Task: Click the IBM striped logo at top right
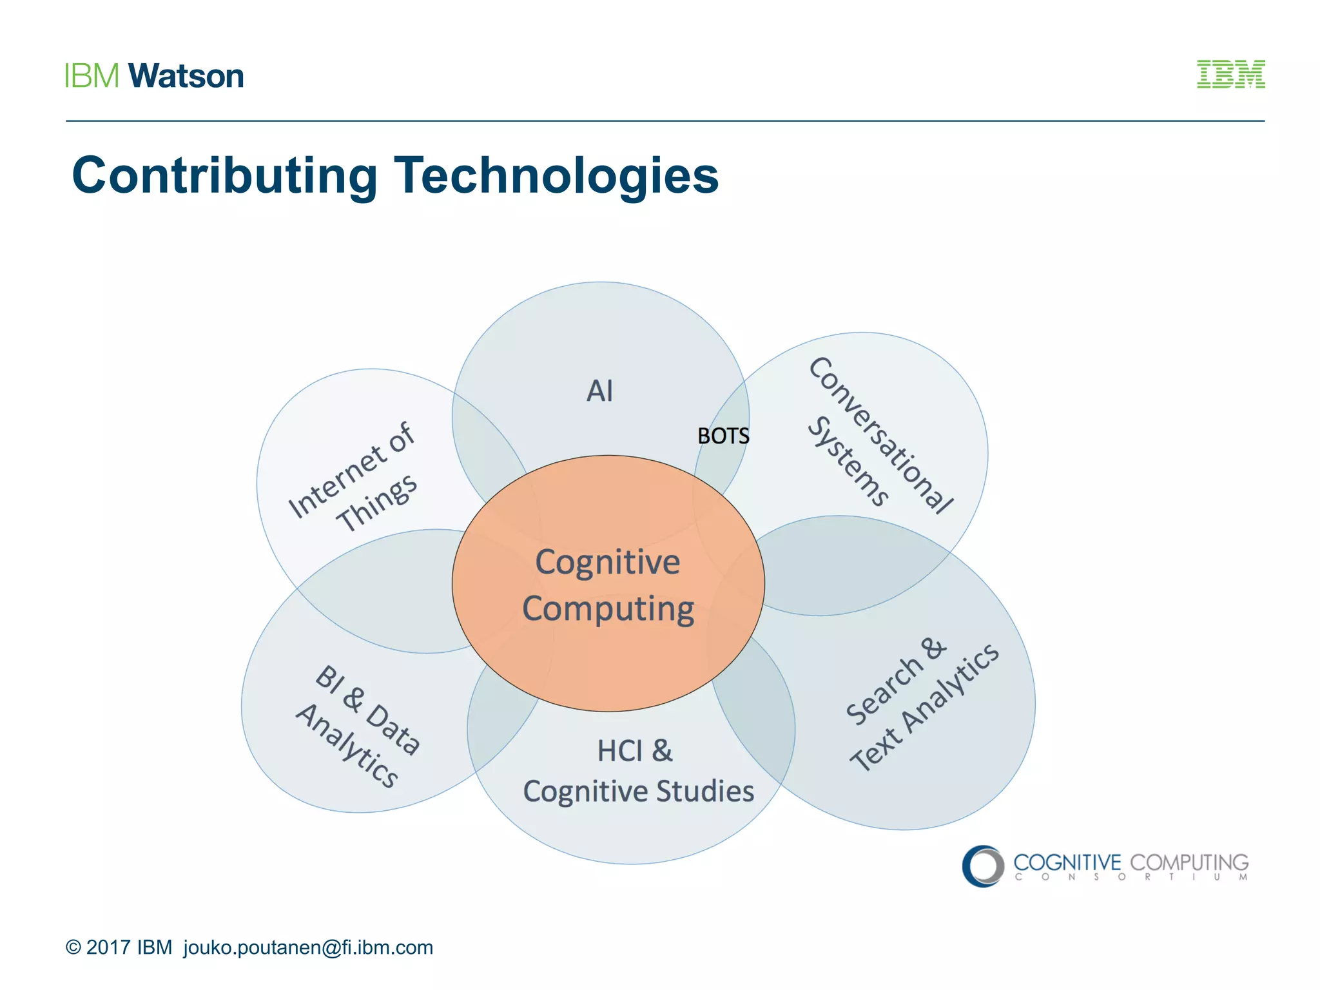pyautogui.click(x=1230, y=74)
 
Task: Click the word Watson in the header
pyautogui.click(x=186, y=76)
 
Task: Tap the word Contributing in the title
pyautogui.click(x=224, y=175)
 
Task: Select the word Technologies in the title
pyautogui.click(x=556, y=175)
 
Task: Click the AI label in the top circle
pyautogui.click(x=599, y=391)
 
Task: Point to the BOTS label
pyautogui.click(x=723, y=436)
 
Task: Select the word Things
pyautogui.click(x=376, y=503)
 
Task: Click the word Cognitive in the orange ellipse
pyautogui.click(x=608, y=562)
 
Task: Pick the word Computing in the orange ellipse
pyautogui.click(x=608, y=609)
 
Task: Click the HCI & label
pyautogui.click(x=635, y=752)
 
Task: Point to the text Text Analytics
pyautogui.click(x=924, y=708)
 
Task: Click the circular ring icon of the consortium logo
pyautogui.click(x=983, y=866)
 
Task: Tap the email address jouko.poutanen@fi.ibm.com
pyautogui.click(x=308, y=947)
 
